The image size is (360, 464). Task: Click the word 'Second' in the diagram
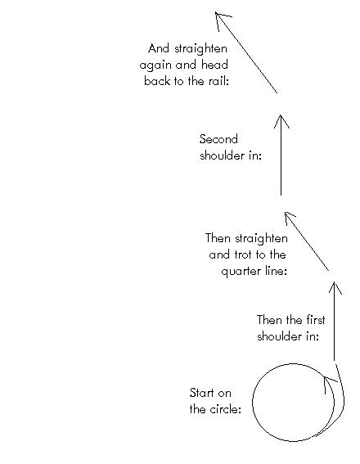tap(218, 139)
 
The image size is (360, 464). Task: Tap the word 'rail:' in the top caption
tap(219, 81)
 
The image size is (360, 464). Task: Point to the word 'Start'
tap(201, 393)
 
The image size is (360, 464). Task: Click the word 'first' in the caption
tap(315, 320)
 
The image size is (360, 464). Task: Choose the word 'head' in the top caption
tap(214, 65)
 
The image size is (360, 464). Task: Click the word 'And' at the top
tap(159, 48)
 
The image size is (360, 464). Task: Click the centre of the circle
tap(294, 403)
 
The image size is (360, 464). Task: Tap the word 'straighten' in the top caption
tap(200, 49)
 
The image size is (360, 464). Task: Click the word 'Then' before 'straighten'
tap(218, 238)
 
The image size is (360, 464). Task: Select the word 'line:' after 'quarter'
tap(276, 271)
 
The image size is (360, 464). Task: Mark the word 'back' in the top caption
tap(157, 81)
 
